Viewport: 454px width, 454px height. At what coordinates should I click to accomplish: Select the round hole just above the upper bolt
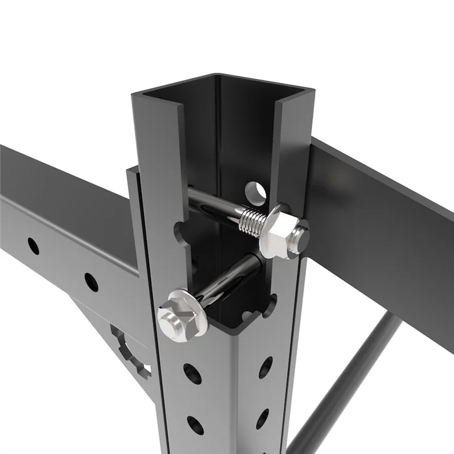pos(255,192)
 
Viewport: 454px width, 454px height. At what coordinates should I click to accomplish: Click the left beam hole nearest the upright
pos(91,282)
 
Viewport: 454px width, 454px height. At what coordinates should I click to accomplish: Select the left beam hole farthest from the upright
pos(32,246)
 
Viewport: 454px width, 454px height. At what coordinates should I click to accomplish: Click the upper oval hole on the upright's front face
pos(192,374)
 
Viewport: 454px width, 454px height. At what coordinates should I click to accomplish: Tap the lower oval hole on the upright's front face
pos(195,425)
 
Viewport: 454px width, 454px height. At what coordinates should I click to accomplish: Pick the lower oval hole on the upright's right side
pos(263,418)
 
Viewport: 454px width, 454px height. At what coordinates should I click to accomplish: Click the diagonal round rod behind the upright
pos(350,383)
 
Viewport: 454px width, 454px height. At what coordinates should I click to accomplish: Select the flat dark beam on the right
pos(383,233)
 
